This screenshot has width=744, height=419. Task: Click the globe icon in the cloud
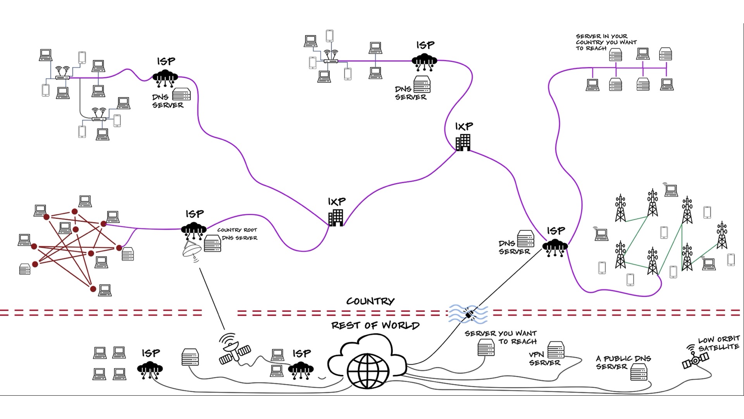(368, 371)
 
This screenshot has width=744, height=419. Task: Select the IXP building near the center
(336, 218)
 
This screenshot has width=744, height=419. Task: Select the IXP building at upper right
(463, 142)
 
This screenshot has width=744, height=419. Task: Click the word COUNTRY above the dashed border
(370, 301)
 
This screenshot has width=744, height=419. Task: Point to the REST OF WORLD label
(375, 325)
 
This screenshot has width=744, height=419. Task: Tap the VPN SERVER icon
(556, 350)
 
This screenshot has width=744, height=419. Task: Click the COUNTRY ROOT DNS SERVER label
(237, 234)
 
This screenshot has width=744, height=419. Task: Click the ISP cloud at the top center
(424, 61)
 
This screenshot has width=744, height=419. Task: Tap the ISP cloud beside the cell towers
(555, 247)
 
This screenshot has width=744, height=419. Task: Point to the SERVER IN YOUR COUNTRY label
(606, 42)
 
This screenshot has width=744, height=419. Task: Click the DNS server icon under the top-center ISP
(422, 84)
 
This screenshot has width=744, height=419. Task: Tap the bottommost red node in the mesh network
(93, 289)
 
